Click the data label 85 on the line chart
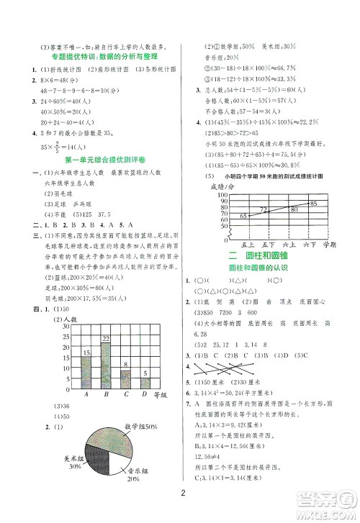pyautogui.click(x=312, y=204)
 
